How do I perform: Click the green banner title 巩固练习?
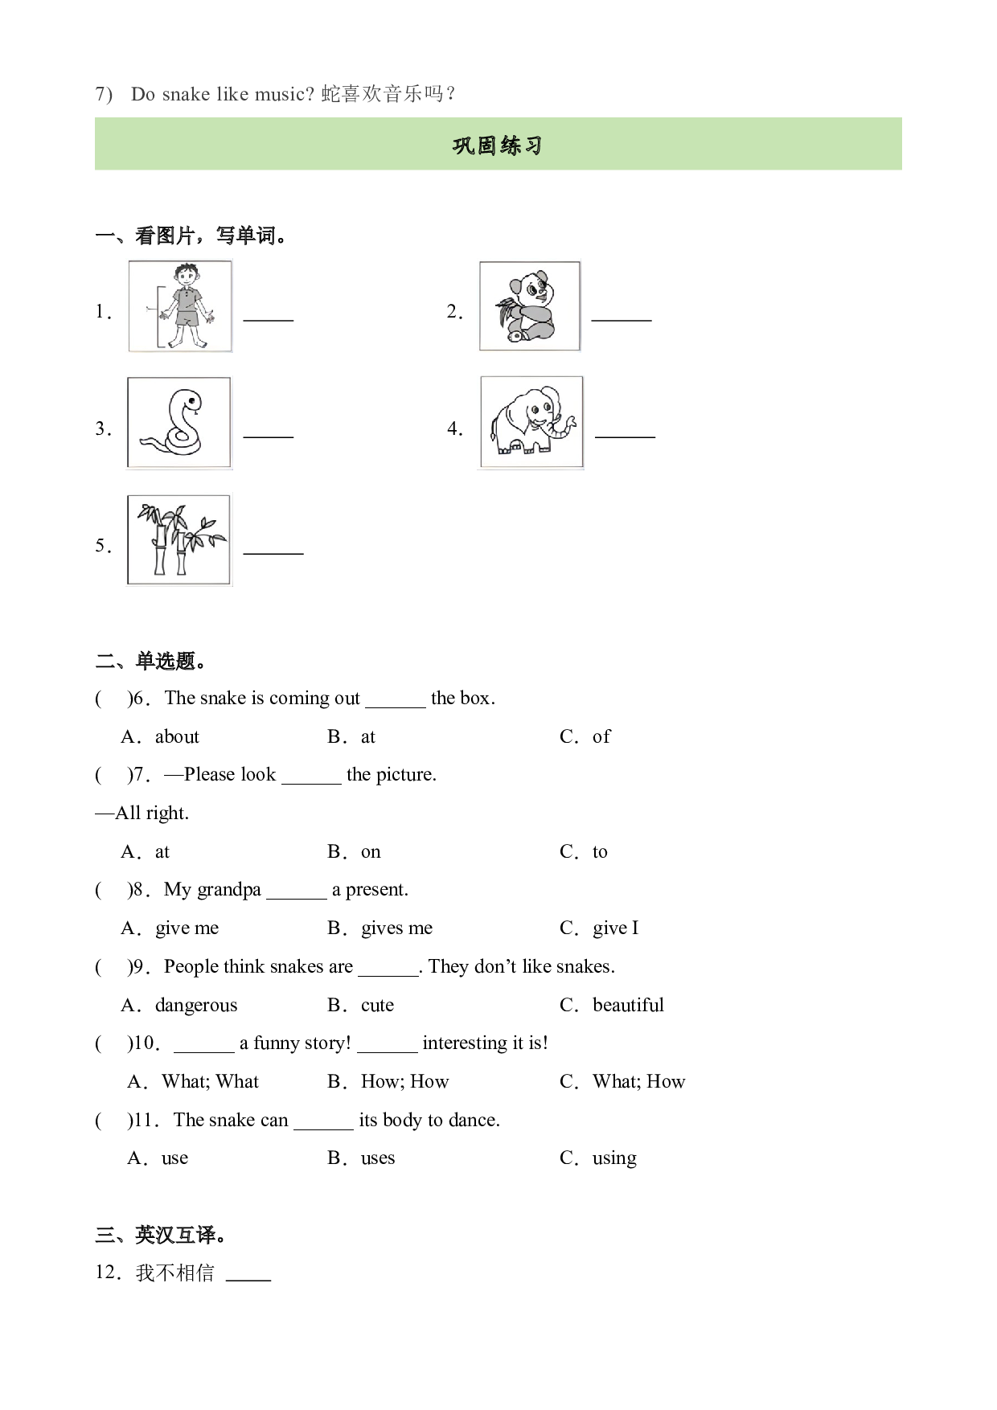(x=498, y=146)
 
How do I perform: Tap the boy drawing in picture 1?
(x=181, y=306)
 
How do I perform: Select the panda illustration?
(x=530, y=306)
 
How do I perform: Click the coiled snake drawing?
(x=178, y=423)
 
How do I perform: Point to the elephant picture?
(x=531, y=422)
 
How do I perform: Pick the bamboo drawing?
(x=178, y=539)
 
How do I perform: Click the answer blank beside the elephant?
(x=625, y=437)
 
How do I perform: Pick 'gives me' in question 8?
(x=396, y=928)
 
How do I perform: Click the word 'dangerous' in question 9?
(x=196, y=1006)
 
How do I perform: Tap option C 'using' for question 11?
(x=614, y=1158)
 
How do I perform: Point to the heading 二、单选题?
(x=151, y=662)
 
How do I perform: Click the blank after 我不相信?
(x=248, y=1278)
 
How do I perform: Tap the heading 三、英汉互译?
(x=161, y=1235)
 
